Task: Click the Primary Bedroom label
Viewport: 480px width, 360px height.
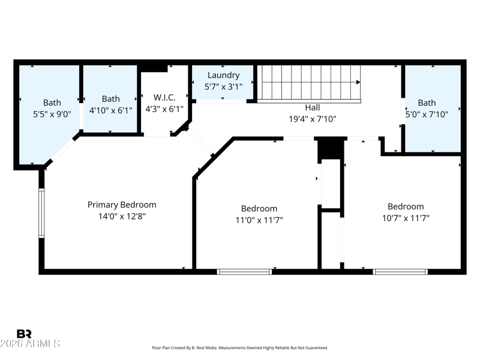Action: click(x=122, y=205)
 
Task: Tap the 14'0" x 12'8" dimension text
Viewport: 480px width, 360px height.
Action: click(x=122, y=216)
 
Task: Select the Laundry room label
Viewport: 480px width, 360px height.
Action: click(x=223, y=76)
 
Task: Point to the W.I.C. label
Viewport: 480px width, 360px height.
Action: click(x=164, y=97)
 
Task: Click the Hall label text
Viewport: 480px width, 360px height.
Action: click(x=313, y=107)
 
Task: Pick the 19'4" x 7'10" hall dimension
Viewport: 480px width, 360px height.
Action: click(x=313, y=119)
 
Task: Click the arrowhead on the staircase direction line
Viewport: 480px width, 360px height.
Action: click(x=358, y=82)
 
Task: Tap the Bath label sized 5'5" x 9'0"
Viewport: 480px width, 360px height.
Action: click(x=52, y=102)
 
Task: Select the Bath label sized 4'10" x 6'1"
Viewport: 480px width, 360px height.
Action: click(x=111, y=98)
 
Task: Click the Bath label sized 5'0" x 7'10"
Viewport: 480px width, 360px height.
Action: click(x=427, y=103)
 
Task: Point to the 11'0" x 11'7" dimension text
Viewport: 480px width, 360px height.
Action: click(x=259, y=220)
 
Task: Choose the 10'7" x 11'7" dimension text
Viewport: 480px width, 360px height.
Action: click(x=406, y=218)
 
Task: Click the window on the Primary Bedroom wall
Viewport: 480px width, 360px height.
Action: click(x=41, y=213)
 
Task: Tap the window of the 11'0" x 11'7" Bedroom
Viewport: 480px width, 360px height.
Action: click(x=244, y=272)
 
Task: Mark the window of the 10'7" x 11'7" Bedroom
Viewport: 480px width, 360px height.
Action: click(x=400, y=272)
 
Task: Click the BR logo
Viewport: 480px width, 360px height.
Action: click(x=24, y=334)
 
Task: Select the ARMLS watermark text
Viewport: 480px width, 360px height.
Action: click(x=30, y=343)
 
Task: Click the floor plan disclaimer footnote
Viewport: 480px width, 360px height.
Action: click(x=240, y=348)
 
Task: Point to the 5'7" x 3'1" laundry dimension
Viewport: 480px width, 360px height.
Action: click(x=223, y=86)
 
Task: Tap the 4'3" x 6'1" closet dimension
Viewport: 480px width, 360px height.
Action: click(x=164, y=109)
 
